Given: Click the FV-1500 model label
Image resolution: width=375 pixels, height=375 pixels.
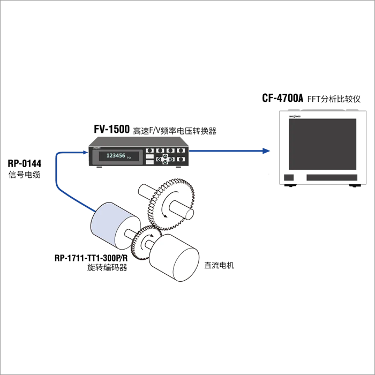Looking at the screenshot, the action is tap(111, 129).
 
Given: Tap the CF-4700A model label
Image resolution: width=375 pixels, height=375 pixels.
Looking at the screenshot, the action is tap(282, 98).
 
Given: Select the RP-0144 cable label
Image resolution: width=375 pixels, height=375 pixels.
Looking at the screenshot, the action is tap(25, 163).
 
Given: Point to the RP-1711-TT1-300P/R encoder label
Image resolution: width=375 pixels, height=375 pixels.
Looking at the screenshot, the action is tap(91, 258).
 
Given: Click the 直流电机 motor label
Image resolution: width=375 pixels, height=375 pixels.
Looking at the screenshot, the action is tap(219, 265).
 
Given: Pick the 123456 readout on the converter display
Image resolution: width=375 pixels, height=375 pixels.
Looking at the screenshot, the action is tap(116, 156).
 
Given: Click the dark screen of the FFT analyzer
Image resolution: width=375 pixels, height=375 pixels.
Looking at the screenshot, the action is tap(322, 144).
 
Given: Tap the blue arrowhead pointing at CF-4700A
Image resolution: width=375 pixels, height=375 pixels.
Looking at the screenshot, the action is tap(266, 151).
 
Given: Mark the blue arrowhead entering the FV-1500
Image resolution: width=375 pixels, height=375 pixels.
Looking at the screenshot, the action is tap(85, 152).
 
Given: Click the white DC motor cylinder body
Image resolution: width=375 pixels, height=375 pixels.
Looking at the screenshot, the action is tap(174, 258).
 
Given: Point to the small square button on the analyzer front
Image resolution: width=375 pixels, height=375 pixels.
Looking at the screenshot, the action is tap(289, 178).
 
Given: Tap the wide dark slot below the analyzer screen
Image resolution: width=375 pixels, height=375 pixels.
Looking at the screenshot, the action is tap(332, 177).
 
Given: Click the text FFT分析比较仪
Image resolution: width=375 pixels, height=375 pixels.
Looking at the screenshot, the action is tap(334, 99).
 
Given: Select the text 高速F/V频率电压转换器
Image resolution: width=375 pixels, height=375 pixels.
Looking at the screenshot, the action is tap(175, 131).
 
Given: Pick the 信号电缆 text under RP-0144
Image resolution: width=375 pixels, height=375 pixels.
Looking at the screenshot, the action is tap(25, 175).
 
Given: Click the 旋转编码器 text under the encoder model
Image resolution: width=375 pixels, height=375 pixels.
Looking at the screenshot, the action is tap(107, 267).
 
